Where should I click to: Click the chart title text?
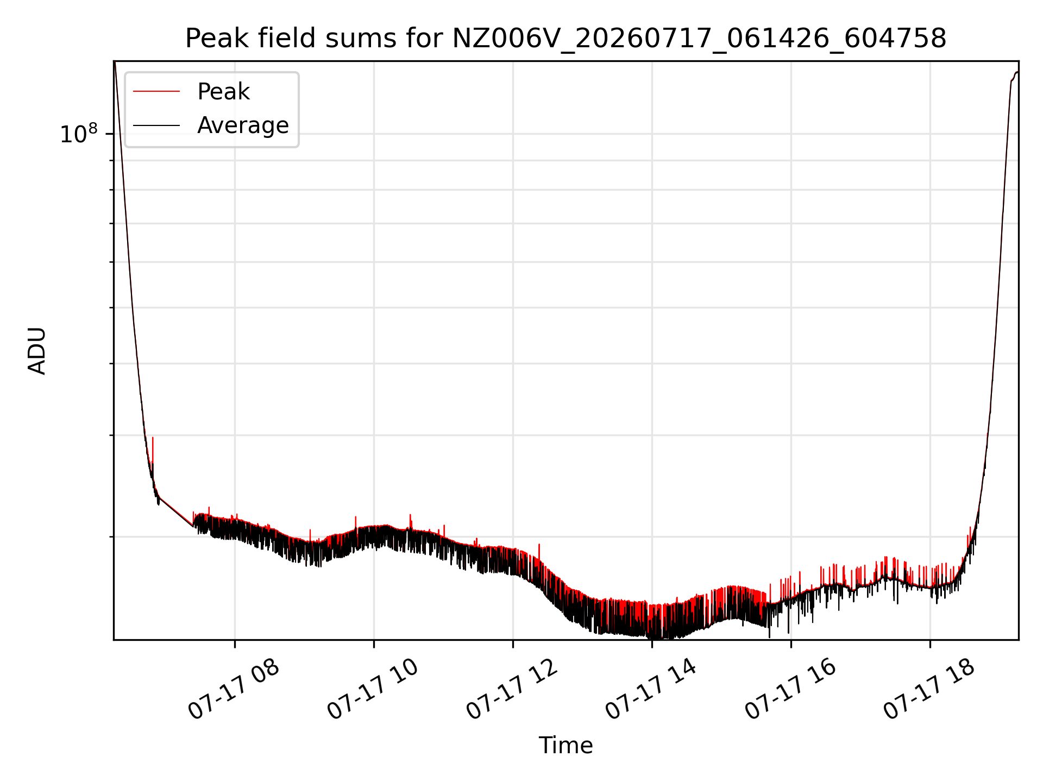tap(566, 39)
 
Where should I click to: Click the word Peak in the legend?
tap(223, 92)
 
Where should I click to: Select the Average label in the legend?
tap(243, 125)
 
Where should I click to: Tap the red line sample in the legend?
tap(156, 92)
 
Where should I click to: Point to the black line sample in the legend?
tap(156, 125)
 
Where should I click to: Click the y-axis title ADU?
tap(37, 350)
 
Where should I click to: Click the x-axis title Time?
tap(566, 745)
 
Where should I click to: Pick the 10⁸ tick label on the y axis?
tap(79, 134)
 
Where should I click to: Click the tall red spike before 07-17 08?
tap(153, 451)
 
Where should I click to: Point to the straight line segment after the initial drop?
tap(176, 512)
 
